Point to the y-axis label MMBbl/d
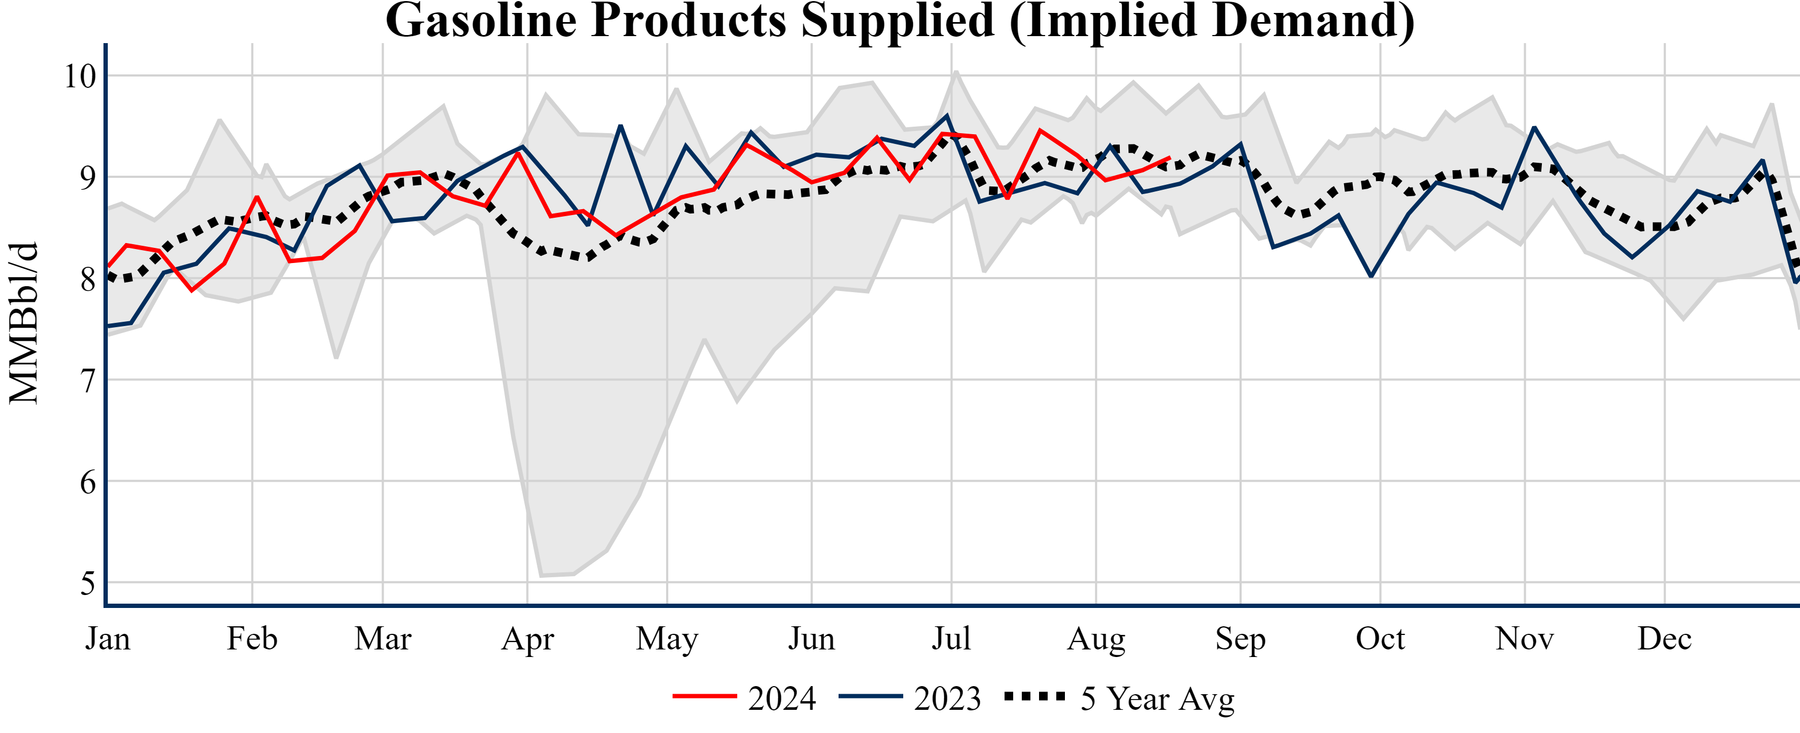point(24,323)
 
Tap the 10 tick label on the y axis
point(80,76)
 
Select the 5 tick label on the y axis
point(87,583)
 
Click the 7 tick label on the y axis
point(87,381)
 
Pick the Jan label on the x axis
point(108,639)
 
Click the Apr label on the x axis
point(528,639)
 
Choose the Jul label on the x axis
point(951,639)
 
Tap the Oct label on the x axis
point(1380,639)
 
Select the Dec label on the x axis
point(1664,639)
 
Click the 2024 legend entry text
point(782,698)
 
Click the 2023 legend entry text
point(947,698)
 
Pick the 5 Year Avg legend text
point(1158,698)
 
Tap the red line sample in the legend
point(704,696)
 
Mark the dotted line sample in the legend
point(1035,696)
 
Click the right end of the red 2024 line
point(1169,158)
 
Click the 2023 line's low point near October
point(1371,276)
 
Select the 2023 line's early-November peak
point(1534,127)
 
